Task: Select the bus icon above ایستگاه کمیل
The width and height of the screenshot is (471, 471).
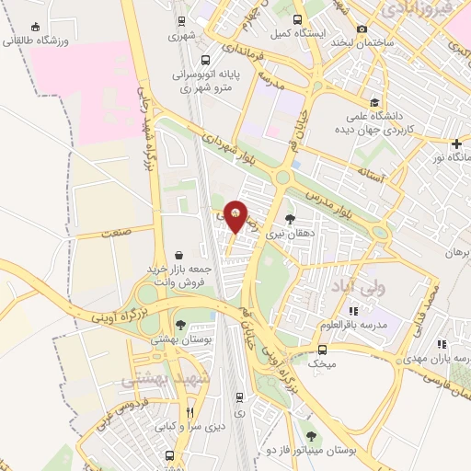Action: [x=296, y=19]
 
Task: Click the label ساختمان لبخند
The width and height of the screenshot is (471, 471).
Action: [x=363, y=43]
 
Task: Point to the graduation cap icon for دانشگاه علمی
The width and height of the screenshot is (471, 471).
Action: [x=373, y=102]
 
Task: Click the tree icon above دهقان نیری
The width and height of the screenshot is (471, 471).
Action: [x=291, y=219]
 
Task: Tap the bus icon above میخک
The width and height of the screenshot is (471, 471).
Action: [x=322, y=350]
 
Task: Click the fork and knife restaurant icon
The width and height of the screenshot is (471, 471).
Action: [x=190, y=412]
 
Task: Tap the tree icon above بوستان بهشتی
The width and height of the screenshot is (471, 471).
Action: [x=180, y=325]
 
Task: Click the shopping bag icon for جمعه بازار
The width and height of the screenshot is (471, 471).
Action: [x=178, y=254]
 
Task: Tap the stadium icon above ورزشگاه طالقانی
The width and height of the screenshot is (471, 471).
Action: [x=35, y=28]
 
